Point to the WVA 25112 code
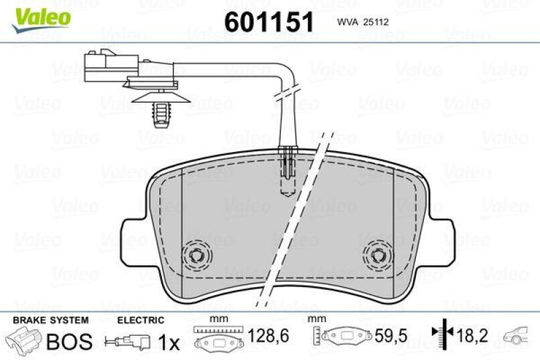coord(360,22)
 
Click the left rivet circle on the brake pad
coord(198,255)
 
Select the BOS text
coord(69,342)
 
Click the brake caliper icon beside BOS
coord(23,340)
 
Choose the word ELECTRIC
coord(140,320)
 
